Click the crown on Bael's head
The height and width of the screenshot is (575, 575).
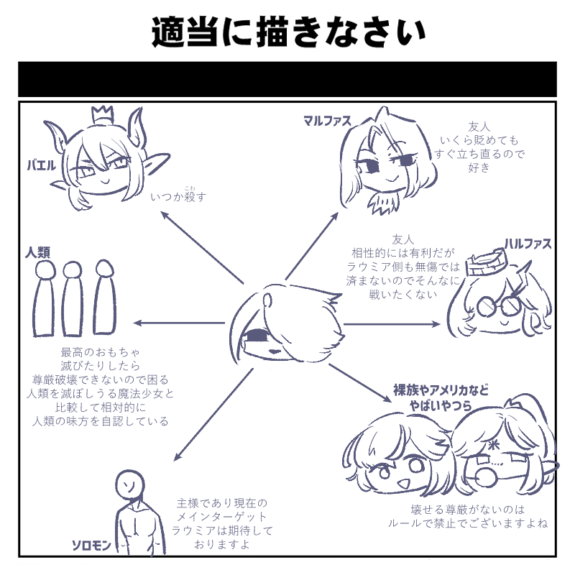click(x=101, y=114)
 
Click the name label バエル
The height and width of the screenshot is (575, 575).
click(x=42, y=165)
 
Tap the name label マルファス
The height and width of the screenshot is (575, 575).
click(x=327, y=121)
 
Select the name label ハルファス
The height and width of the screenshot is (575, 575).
click(x=528, y=244)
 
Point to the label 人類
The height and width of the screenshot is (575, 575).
click(x=38, y=252)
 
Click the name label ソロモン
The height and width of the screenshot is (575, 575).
click(x=91, y=546)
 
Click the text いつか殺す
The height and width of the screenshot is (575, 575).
click(x=178, y=196)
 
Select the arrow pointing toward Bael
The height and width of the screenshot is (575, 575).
click(x=202, y=247)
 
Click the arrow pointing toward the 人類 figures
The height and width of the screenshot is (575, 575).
click(x=179, y=323)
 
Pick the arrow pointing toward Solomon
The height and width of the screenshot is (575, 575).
click(x=213, y=415)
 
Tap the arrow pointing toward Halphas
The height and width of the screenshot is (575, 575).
click(x=392, y=324)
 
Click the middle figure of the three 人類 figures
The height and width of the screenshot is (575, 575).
click(x=73, y=298)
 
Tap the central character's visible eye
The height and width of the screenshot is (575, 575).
click(x=256, y=336)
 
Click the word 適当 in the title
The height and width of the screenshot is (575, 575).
click(x=184, y=32)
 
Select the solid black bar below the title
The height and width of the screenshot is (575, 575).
click(x=287, y=79)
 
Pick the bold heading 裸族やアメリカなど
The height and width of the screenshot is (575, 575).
click(x=441, y=390)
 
